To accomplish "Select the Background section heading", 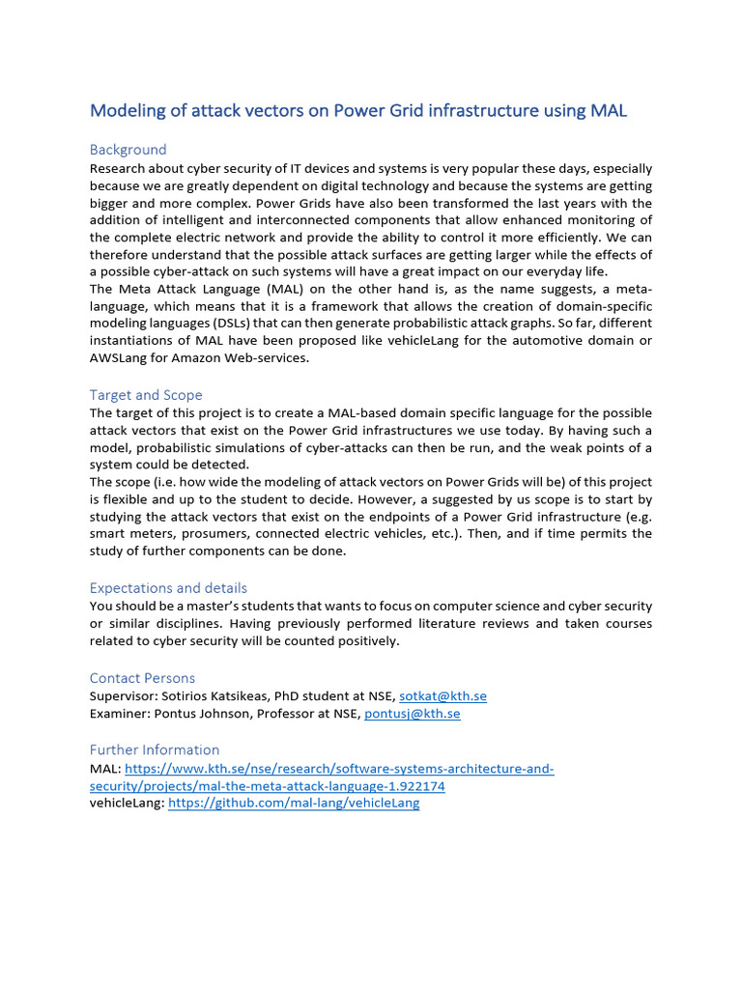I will coord(128,150).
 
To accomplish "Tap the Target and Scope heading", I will coord(146,395).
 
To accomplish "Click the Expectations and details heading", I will coord(168,588).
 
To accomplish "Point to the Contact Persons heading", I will coord(142,678).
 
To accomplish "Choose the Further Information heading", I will coord(155,749).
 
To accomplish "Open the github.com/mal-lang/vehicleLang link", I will coord(294,804).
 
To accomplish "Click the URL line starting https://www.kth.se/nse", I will coord(339,769).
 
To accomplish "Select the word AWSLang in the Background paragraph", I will coord(121,358).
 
